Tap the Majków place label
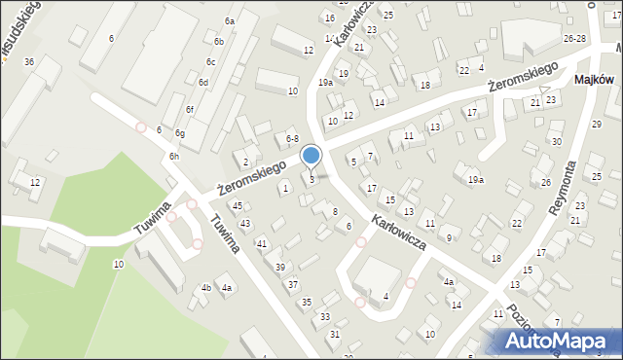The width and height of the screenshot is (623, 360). click(594, 80)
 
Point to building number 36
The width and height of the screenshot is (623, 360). click(29, 62)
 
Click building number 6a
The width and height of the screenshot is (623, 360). click(230, 21)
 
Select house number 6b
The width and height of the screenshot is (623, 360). click(219, 42)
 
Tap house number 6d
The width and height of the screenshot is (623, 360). click(203, 83)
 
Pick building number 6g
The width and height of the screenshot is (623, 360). click(179, 133)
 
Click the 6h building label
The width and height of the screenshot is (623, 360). click(173, 157)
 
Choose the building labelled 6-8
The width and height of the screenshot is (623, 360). click(290, 140)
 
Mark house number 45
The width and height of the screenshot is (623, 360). click(238, 206)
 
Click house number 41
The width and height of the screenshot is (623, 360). click(261, 243)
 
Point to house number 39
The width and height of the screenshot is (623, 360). click(280, 268)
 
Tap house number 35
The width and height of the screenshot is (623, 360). click(306, 304)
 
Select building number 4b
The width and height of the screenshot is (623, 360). click(205, 288)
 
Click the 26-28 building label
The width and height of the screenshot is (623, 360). click(574, 38)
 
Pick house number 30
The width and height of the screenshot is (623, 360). click(557, 142)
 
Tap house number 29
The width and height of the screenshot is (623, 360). click(596, 125)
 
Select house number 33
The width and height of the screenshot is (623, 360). click(325, 318)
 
